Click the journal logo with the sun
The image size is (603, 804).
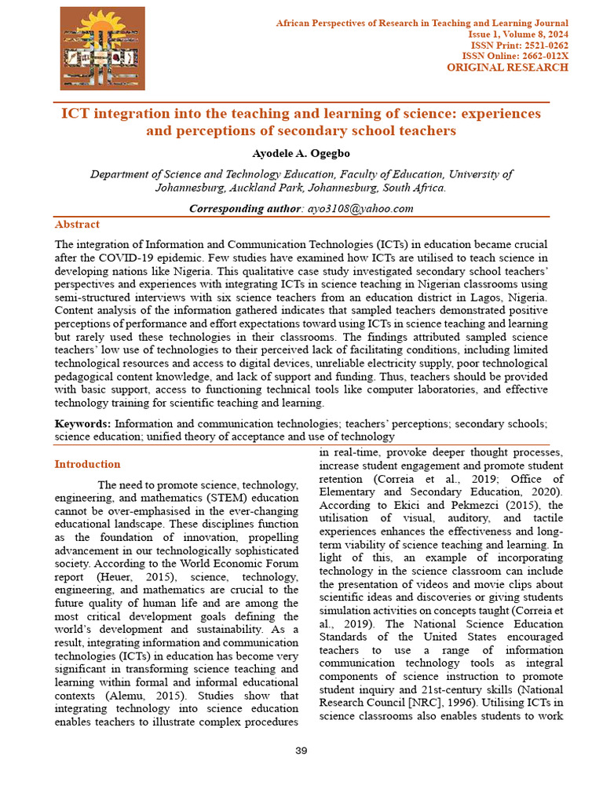(103, 48)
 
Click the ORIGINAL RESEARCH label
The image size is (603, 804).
(507, 68)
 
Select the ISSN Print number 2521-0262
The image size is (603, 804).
(543, 46)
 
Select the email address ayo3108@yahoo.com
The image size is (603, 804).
(361, 208)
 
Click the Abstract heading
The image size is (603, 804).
(77, 225)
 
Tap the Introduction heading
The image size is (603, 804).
(87, 464)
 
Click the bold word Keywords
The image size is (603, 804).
(82, 423)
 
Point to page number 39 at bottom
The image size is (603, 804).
(301, 751)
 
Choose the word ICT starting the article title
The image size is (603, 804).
(77, 114)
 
